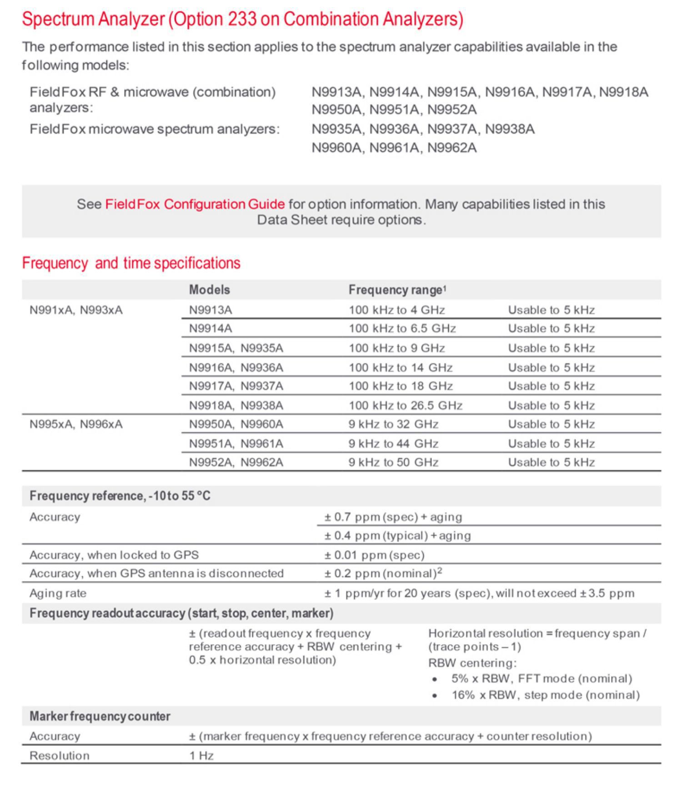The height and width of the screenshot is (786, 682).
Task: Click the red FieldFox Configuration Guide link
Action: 195,204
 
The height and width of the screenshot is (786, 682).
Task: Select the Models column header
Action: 209,290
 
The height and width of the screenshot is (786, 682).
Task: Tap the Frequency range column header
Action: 397,290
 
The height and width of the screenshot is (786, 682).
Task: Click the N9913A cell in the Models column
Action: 211,310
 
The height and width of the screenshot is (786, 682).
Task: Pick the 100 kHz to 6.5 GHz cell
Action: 402,328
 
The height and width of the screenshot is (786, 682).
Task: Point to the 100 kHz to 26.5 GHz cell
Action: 405,405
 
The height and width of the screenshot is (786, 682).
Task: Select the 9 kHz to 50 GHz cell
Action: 393,462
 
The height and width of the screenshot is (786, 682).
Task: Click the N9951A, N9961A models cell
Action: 236,443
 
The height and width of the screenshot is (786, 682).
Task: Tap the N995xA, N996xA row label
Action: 76,424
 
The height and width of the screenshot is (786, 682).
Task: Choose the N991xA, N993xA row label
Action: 76,310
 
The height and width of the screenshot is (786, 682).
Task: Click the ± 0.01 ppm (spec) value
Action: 374,555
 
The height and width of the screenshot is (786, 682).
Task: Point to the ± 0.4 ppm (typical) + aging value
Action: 397,536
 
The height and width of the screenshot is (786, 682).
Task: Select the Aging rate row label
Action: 58,593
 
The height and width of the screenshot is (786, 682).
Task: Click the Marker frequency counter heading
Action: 100,716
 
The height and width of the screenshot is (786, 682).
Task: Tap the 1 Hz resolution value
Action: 201,756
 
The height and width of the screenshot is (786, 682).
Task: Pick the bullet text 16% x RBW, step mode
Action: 545,695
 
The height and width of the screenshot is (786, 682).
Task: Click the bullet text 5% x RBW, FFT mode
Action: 542,679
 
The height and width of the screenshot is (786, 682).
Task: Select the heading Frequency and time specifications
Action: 131,263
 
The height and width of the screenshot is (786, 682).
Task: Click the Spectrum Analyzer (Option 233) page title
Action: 242,19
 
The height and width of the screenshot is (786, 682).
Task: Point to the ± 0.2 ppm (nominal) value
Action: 383,574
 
